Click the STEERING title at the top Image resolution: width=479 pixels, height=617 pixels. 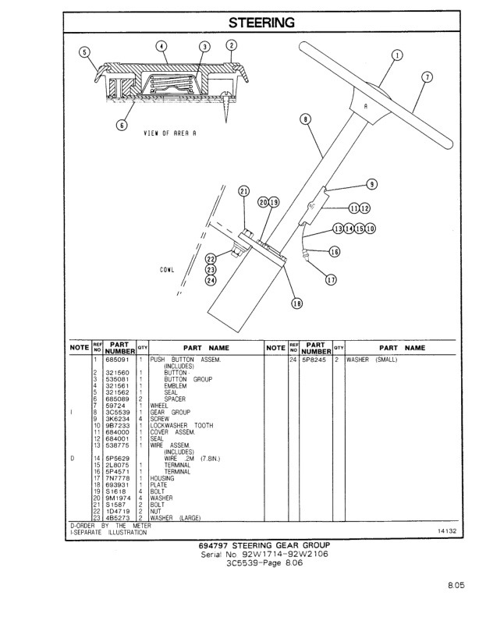(x=261, y=23)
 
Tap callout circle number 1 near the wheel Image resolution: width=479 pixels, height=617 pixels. (x=397, y=55)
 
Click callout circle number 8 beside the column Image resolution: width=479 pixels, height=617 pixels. (x=306, y=119)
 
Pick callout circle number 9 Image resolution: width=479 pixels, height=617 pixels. (x=372, y=184)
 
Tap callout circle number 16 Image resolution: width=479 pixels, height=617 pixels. (x=335, y=251)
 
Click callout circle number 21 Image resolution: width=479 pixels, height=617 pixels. (x=243, y=191)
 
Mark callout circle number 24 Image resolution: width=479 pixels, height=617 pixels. (x=210, y=282)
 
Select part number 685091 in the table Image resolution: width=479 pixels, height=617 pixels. (x=118, y=360)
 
